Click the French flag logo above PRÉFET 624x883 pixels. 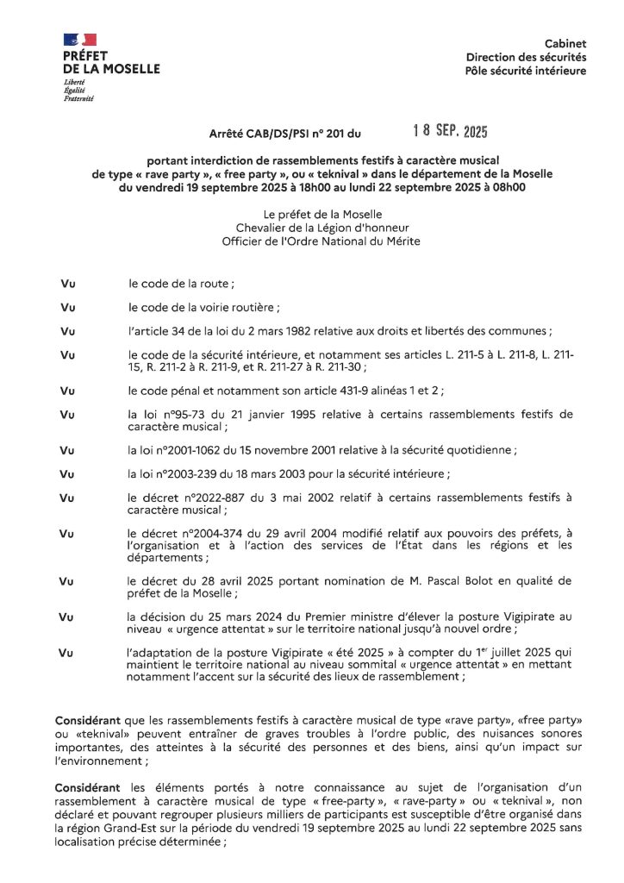(x=80, y=40)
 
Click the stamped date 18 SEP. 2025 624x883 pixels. (x=450, y=132)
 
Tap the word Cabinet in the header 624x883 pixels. (x=565, y=43)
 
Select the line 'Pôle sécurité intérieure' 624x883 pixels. (x=525, y=71)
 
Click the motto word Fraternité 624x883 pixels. (x=78, y=98)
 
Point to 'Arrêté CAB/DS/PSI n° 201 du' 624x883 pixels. (x=286, y=135)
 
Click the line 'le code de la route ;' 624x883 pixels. (x=181, y=283)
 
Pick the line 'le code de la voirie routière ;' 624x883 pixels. (x=203, y=307)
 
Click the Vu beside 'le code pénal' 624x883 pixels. (x=67, y=391)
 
